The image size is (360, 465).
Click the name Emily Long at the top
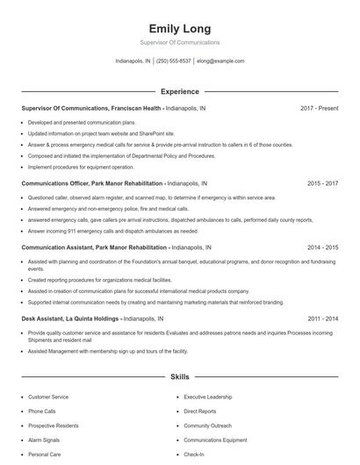[180, 28]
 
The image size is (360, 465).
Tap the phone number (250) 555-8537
[174, 61]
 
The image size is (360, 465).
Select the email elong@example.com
[221, 61]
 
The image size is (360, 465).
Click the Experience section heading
[180, 91]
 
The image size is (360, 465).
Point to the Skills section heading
[180, 376]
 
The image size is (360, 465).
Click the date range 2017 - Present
[319, 108]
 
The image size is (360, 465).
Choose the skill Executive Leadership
[209, 397]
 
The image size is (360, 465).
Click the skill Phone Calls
[42, 411]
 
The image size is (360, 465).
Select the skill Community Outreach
[207, 425]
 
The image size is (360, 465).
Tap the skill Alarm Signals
[44, 440]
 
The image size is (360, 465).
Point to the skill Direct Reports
[199, 411]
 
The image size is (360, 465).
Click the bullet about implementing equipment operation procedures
[81, 167]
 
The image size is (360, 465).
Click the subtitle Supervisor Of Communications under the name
[180, 42]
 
